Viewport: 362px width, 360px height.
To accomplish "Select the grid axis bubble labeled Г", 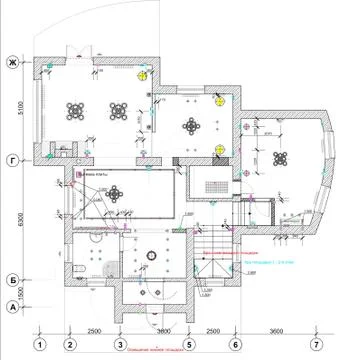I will tap(12, 159).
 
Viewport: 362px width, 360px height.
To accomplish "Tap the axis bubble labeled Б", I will tap(12, 280).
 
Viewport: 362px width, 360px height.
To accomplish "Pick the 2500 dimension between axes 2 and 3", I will tap(93, 330).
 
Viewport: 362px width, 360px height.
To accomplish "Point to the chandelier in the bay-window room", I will tap(281, 156).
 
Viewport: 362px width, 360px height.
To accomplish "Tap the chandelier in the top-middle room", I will tap(191, 126).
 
